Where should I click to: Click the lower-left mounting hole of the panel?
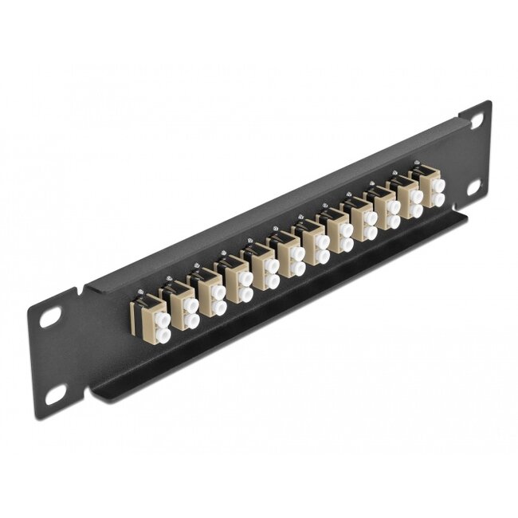[x=55, y=392]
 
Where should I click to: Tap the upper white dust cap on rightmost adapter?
[x=437, y=182]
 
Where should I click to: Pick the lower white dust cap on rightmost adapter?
[x=437, y=199]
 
